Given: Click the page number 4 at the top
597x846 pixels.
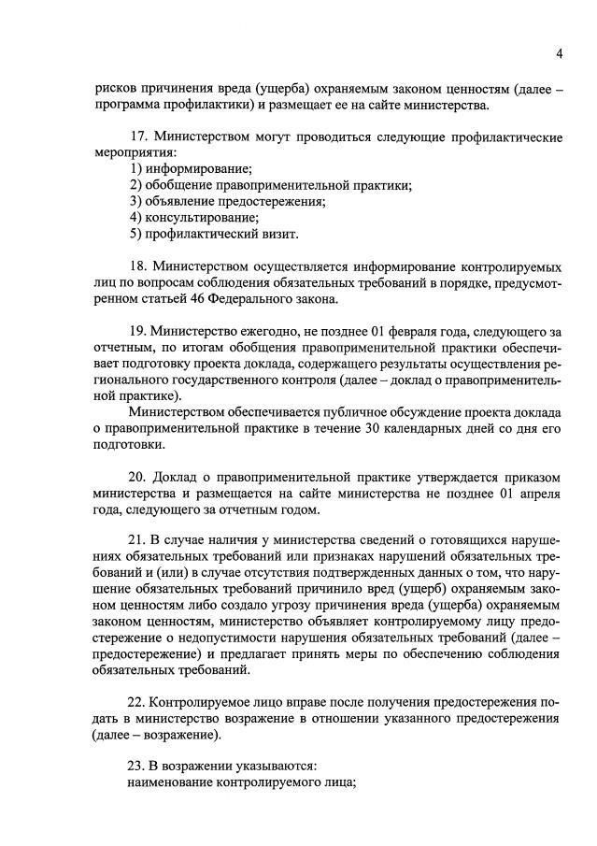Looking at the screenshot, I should (559, 53).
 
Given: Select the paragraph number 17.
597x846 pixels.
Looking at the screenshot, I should (139, 137).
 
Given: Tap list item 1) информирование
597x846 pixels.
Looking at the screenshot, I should (192, 169).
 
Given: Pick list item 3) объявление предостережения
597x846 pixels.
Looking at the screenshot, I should (228, 201).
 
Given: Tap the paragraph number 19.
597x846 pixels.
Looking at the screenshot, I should (139, 331).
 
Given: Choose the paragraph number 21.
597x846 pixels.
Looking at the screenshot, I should (139, 542).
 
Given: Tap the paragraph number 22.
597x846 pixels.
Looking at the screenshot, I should (139, 703).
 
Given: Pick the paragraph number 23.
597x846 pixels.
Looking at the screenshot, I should (139, 768).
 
